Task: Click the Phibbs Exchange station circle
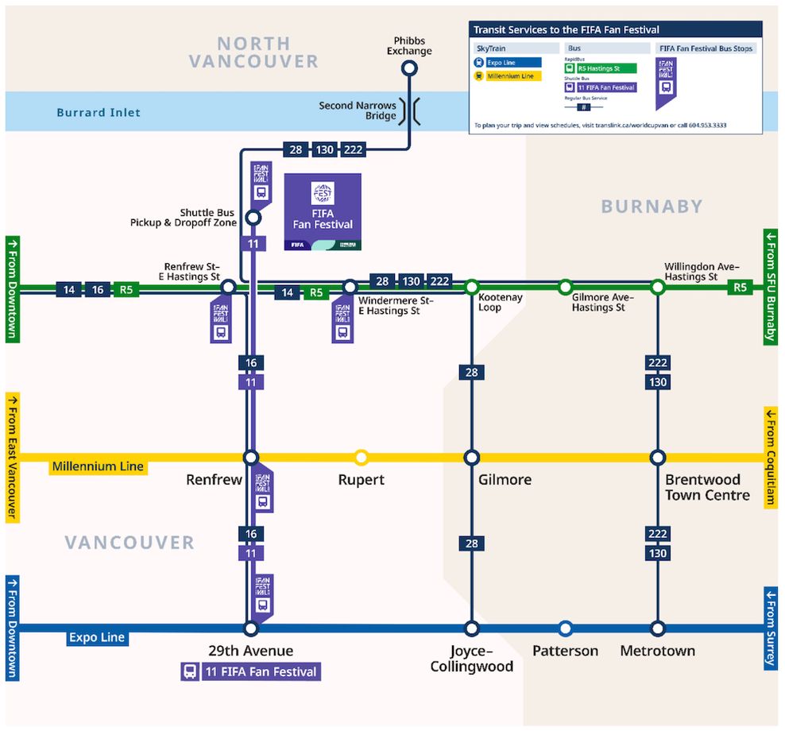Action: [x=409, y=69]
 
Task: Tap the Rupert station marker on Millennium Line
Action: [x=362, y=457]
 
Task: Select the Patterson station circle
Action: [x=565, y=629]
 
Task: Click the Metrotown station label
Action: [x=657, y=651]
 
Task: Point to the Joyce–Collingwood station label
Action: [x=472, y=659]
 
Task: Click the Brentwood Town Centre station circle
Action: [x=657, y=458]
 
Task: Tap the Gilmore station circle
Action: [x=472, y=458]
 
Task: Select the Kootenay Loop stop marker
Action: [x=472, y=286]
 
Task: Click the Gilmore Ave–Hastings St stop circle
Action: [x=565, y=286]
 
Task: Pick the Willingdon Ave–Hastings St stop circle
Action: [x=657, y=286]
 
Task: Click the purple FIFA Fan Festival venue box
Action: [x=323, y=211]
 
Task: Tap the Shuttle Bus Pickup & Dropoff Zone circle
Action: [x=253, y=217]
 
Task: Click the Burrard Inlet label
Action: [x=99, y=112]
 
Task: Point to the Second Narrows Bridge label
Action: [x=358, y=110]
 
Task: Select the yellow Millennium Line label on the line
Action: [x=98, y=466]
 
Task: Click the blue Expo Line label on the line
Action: [x=97, y=637]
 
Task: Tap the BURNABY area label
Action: [x=652, y=207]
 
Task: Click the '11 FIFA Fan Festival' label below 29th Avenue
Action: [x=251, y=671]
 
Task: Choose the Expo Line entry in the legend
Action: [x=509, y=62]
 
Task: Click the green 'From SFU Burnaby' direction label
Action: [x=770, y=286]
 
